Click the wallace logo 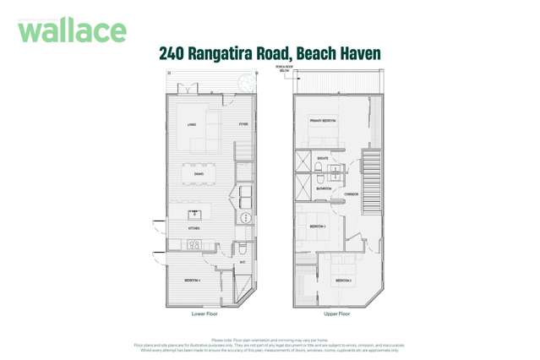[x=72, y=30]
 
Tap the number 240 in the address [x=172, y=53]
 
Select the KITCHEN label [x=193, y=228]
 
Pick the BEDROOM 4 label [x=193, y=280]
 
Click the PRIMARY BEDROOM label [x=322, y=121]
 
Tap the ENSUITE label [x=323, y=157]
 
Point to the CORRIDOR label [x=352, y=194]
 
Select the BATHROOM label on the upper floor [x=325, y=188]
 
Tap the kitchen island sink [x=193, y=215]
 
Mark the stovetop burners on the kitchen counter [x=194, y=245]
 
